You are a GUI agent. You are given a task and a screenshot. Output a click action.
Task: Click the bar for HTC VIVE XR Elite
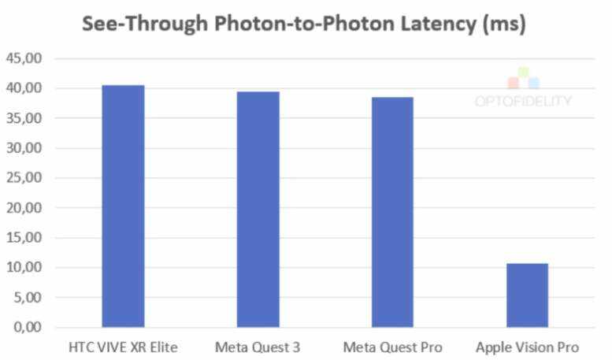(x=123, y=206)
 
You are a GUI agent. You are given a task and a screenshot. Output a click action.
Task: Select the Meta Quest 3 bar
(x=258, y=209)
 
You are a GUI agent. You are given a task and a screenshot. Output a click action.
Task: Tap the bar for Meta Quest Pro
(x=392, y=212)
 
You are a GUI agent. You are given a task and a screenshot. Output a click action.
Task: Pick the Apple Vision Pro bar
(x=527, y=295)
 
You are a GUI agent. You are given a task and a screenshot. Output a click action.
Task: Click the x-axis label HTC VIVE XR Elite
(x=123, y=347)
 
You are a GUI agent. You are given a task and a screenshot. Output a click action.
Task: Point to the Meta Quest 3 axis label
(x=258, y=347)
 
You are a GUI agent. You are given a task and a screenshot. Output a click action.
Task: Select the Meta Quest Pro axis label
(x=392, y=347)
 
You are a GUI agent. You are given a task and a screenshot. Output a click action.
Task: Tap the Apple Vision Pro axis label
(x=527, y=347)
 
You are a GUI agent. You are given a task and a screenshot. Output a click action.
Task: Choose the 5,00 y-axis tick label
(x=28, y=298)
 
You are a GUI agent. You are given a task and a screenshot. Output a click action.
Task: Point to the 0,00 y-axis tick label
(x=28, y=327)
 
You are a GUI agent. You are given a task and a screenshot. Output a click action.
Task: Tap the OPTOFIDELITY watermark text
(x=523, y=101)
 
